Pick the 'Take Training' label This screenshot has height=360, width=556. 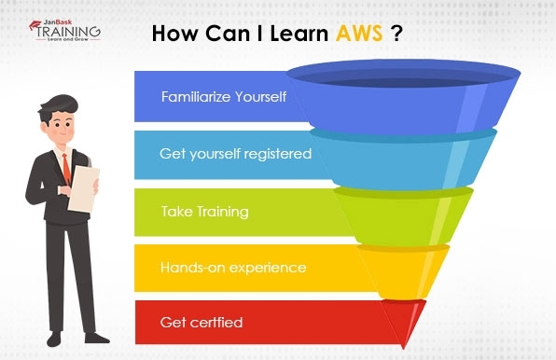(x=204, y=211)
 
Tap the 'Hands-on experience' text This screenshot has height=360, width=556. (x=232, y=267)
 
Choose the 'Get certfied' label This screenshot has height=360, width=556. (x=202, y=323)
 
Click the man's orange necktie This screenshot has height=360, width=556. (x=65, y=169)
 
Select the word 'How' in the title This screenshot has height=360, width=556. (x=172, y=35)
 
